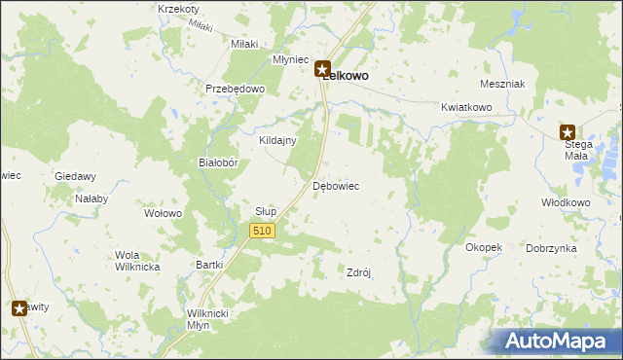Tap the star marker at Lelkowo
(x=322, y=69)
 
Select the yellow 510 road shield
(x=262, y=231)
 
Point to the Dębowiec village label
(x=337, y=185)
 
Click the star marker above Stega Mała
(x=568, y=131)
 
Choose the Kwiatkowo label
(x=463, y=106)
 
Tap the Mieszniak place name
(x=503, y=85)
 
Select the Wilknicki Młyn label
(x=207, y=319)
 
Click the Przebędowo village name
(x=235, y=89)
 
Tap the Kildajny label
(x=276, y=140)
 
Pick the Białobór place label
(x=219, y=163)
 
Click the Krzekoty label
(x=178, y=9)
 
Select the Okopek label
(x=484, y=247)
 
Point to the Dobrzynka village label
(x=551, y=248)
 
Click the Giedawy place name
(x=75, y=176)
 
